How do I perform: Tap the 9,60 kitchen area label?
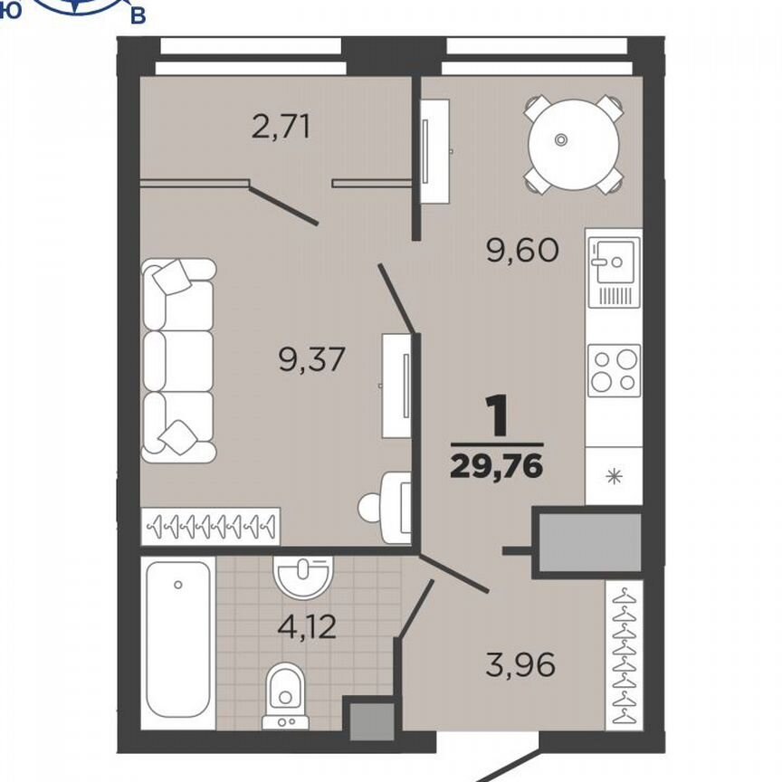[x=522, y=251]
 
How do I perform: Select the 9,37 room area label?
[x=312, y=359]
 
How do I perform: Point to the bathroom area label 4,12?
[x=307, y=627]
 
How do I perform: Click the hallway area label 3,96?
[x=520, y=664]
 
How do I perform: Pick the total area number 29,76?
[x=496, y=467]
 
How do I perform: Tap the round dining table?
[x=574, y=145]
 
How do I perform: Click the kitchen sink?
[x=614, y=272]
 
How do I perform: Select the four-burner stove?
[x=614, y=370]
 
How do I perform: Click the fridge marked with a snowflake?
[x=614, y=476]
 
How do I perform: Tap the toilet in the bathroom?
[x=285, y=696]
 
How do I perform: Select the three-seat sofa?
[x=178, y=360]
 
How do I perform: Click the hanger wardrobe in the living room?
[x=211, y=526]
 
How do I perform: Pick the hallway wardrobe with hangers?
[x=624, y=654]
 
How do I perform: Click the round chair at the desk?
[x=369, y=508]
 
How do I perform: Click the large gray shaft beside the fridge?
[x=590, y=543]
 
